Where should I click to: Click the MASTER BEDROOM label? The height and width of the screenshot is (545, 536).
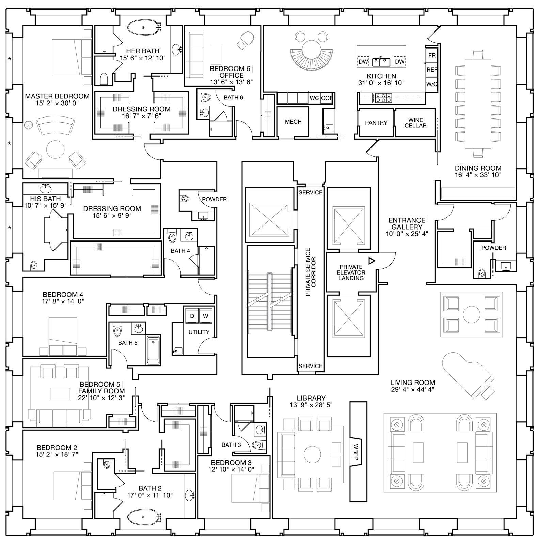[x=57, y=96]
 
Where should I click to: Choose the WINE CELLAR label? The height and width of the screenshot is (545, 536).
[x=415, y=123]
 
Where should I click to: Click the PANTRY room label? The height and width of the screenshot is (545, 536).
[x=376, y=123]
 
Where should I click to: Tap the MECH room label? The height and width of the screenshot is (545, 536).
[x=293, y=122]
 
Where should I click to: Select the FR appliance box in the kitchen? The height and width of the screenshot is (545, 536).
[x=432, y=55]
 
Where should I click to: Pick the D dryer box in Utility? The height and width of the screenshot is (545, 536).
[x=192, y=316]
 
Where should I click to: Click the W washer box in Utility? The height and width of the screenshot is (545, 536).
[x=205, y=316]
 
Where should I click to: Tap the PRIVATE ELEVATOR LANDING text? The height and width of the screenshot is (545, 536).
[x=351, y=272]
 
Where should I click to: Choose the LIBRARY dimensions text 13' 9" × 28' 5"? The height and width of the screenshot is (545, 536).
[x=311, y=405]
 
